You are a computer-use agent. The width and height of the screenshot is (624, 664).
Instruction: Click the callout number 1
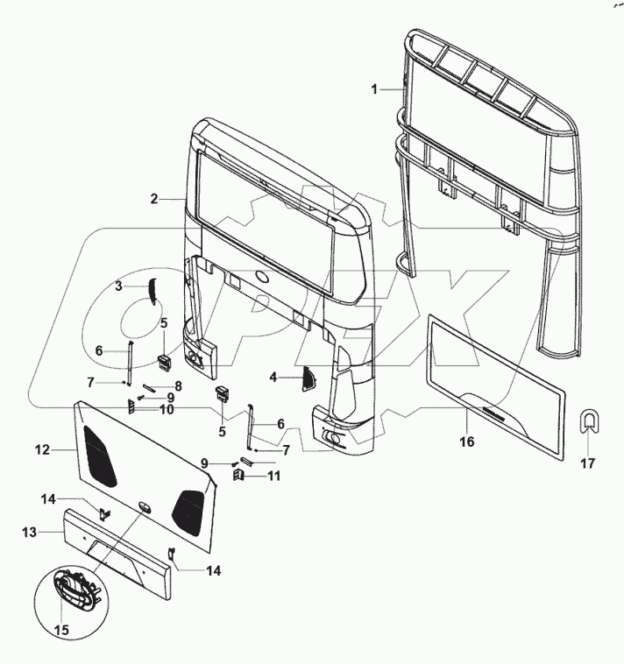click(x=374, y=89)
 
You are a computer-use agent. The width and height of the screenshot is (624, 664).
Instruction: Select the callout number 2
click(x=153, y=199)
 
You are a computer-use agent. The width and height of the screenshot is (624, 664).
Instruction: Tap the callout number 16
click(x=467, y=442)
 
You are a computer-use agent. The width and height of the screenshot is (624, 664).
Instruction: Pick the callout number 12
click(x=40, y=450)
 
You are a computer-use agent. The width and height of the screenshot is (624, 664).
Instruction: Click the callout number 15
click(x=60, y=628)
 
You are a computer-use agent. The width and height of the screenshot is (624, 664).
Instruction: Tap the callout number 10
click(x=166, y=409)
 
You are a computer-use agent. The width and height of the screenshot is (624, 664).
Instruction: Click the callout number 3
click(x=118, y=286)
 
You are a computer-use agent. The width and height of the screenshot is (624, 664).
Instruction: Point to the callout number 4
click(x=273, y=377)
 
